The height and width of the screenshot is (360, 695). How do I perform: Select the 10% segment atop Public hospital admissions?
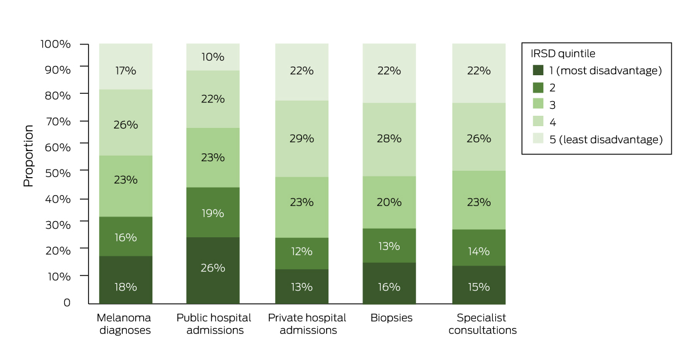[213, 57]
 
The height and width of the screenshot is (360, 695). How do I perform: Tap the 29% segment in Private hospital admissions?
[301, 139]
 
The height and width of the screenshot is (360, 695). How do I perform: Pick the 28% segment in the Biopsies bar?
[389, 139]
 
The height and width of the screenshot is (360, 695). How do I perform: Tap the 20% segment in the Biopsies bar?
[389, 202]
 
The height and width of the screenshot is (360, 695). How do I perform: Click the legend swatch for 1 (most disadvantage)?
[538, 71]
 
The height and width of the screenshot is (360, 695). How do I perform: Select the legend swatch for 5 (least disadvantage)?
[538, 139]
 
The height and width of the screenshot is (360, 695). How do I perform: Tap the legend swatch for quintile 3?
[538, 105]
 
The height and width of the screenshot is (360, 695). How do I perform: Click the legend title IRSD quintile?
[564, 53]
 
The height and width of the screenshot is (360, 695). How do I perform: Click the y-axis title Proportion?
[28, 156]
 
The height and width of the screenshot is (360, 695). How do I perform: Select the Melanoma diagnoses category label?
[124, 324]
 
